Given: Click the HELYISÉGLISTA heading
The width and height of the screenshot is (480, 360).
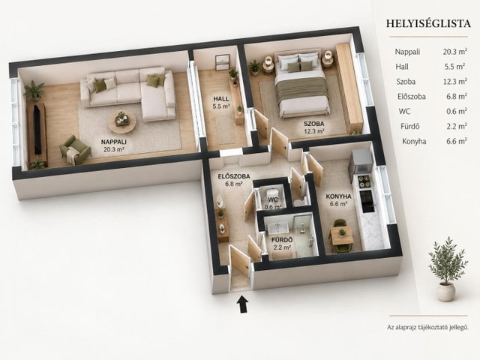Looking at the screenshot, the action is pyautogui.click(x=428, y=23).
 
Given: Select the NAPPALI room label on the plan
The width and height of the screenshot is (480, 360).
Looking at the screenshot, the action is pyautogui.click(x=114, y=142).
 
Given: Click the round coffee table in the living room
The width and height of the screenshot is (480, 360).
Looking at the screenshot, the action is pyautogui.click(x=121, y=121).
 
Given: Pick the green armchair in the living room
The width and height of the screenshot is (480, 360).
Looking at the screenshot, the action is pyautogui.click(x=75, y=150).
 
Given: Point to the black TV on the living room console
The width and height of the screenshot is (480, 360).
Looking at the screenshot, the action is pyautogui.click(x=37, y=130).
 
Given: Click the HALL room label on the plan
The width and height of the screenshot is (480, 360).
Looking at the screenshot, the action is pyautogui.click(x=221, y=99).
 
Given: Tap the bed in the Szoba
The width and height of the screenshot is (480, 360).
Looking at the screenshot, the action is pyautogui.click(x=301, y=82).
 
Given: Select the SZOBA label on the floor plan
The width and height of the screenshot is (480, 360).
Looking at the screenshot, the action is pyautogui.click(x=313, y=124).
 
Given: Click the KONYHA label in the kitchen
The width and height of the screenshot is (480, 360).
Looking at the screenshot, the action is pyautogui.click(x=338, y=196).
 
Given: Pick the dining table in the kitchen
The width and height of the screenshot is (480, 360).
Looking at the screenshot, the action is pyautogui.click(x=340, y=237).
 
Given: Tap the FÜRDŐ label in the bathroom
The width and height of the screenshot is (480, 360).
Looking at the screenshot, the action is pyautogui.click(x=282, y=240).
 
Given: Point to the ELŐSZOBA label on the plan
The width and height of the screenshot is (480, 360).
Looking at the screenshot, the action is pyautogui.click(x=234, y=176).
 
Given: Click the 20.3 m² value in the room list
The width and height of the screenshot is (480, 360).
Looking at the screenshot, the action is pyautogui.click(x=455, y=52).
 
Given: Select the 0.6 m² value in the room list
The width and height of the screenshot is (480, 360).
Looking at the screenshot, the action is pyautogui.click(x=457, y=112).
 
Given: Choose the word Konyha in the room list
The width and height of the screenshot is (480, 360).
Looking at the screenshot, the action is pyautogui.click(x=414, y=142).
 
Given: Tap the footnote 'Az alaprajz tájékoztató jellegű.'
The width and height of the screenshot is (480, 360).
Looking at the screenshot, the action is pyautogui.click(x=428, y=327).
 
